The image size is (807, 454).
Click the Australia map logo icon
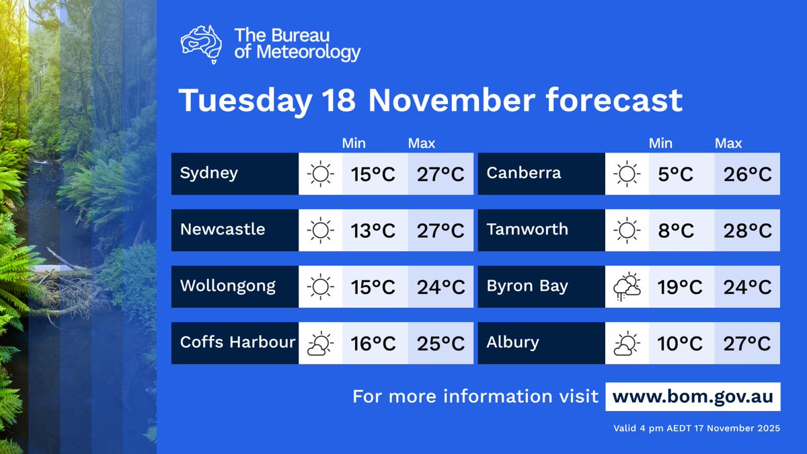pyautogui.click(x=202, y=44)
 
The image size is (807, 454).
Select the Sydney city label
pyautogui.click(x=209, y=174)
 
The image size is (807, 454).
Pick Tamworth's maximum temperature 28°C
pyautogui.click(x=746, y=231)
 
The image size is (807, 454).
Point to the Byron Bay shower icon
pyautogui.click(x=627, y=287)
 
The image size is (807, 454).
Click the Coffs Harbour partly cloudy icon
pyautogui.click(x=320, y=344)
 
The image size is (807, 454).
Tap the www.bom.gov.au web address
pyautogui.click(x=693, y=396)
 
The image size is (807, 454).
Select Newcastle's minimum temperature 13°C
pyautogui.click(x=373, y=231)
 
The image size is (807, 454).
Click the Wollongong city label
pyautogui.click(x=228, y=286)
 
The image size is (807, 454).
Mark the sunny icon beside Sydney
pyautogui.click(x=320, y=174)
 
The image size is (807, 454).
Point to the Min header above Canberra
pyautogui.click(x=661, y=143)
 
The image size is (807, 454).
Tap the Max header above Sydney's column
pyautogui.click(x=422, y=143)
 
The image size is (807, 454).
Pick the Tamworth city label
pyautogui.click(x=527, y=229)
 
